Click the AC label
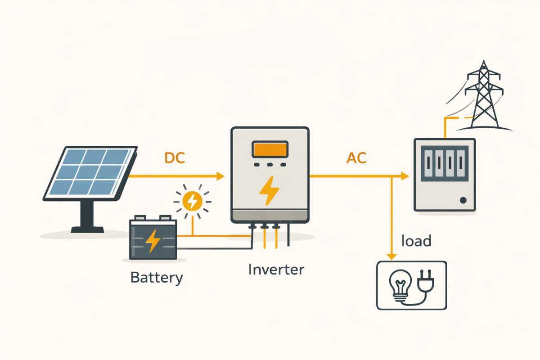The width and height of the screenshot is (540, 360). pyautogui.click(x=356, y=158)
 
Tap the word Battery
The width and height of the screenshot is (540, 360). pyautogui.click(x=157, y=277)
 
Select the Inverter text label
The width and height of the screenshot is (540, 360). pyautogui.click(x=276, y=270)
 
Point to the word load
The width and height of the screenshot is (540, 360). pyautogui.click(x=417, y=241)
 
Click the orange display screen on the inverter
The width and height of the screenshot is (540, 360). pyautogui.click(x=270, y=149)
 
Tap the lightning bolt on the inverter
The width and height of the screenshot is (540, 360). pyautogui.click(x=269, y=191)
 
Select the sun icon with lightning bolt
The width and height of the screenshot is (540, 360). pyautogui.click(x=193, y=201)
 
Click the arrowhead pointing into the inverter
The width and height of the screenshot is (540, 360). pyautogui.click(x=220, y=176)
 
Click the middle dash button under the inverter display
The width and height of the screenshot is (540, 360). pyautogui.click(x=270, y=165)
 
